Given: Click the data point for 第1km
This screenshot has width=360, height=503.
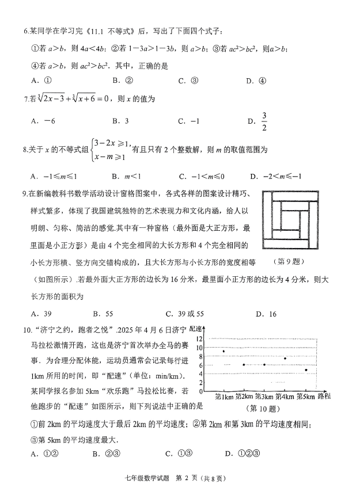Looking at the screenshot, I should [223, 350].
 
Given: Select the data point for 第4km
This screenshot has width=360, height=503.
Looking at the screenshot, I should [285, 359].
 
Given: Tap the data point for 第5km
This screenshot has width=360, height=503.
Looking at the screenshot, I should [306, 369].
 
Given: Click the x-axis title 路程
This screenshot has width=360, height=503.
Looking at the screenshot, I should [324, 397].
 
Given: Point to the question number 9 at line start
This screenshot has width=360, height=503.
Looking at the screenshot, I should [26, 195].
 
